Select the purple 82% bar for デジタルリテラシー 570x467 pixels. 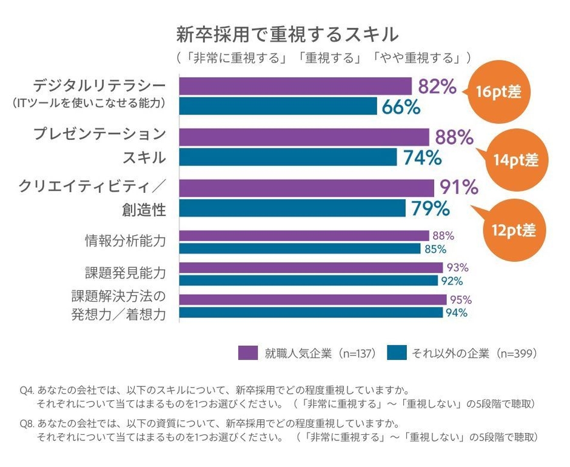(x=295, y=86)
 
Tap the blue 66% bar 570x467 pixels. (x=278, y=107)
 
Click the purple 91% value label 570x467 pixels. (x=458, y=187)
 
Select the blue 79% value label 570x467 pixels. (x=431, y=208)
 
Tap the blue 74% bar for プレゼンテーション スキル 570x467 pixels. (x=288, y=157)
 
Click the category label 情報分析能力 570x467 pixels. (x=125, y=241)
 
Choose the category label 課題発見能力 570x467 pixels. (x=125, y=273)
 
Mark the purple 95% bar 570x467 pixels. (x=313, y=299)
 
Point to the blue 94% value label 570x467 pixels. (x=457, y=313)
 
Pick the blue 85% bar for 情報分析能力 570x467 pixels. (x=300, y=248)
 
